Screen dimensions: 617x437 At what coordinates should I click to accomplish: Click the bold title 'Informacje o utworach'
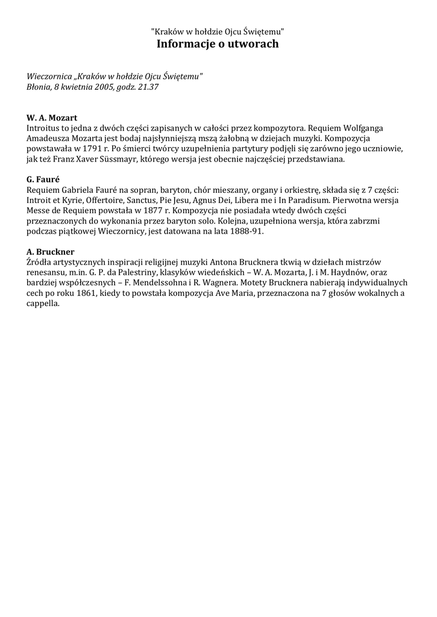218,44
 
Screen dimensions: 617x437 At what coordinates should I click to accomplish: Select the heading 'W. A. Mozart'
52,117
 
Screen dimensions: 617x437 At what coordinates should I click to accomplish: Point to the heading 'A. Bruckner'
51,251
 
